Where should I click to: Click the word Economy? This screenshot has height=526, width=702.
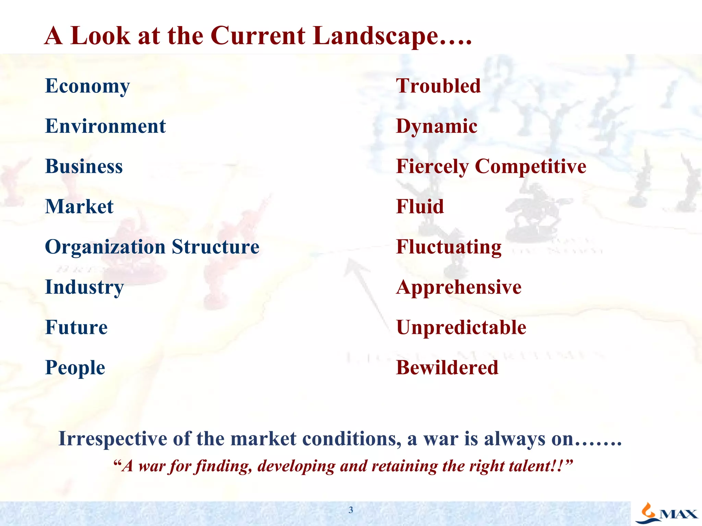pyautogui.click(x=87, y=86)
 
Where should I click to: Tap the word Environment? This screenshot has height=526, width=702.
pyautogui.click(x=105, y=126)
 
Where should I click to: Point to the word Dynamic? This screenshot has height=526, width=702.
pyautogui.click(x=436, y=126)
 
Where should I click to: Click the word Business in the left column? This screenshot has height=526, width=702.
pyautogui.click(x=84, y=166)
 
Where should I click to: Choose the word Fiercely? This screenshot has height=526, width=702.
pyautogui.click(x=432, y=167)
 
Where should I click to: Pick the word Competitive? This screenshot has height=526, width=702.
pyautogui.click(x=531, y=167)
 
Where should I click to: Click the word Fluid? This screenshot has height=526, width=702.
pyautogui.click(x=420, y=206)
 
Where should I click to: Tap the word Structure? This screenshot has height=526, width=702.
pyautogui.click(x=216, y=247)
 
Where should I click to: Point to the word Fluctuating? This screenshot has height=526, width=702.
pyautogui.click(x=449, y=247)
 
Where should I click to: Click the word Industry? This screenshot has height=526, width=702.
pyautogui.click(x=84, y=287)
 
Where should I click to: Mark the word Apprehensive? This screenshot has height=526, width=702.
pyautogui.click(x=459, y=287)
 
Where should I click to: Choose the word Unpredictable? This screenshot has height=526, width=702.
pyautogui.click(x=461, y=327)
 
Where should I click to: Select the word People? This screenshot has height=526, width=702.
pyautogui.click(x=75, y=368)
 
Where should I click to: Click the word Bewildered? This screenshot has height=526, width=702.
pyautogui.click(x=447, y=368)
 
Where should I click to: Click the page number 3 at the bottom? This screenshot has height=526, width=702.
pyautogui.click(x=351, y=510)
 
